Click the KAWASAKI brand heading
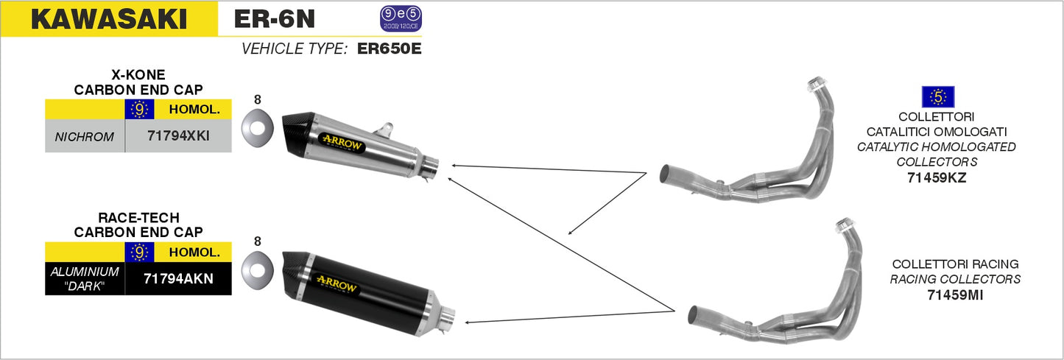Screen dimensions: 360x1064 pyautogui.click(x=108, y=19)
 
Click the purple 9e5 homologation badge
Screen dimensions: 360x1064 pyautogui.click(x=401, y=18)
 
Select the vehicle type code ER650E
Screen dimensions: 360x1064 pyautogui.click(x=389, y=49)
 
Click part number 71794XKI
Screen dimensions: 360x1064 pyautogui.click(x=178, y=136)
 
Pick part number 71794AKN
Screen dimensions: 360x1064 pyautogui.click(x=178, y=279)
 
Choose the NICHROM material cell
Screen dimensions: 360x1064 pyautogui.click(x=85, y=136)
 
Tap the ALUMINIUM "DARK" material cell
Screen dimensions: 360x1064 pyautogui.click(x=85, y=279)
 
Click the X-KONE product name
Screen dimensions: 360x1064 pyautogui.click(x=138, y=75)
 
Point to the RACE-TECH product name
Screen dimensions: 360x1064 pyautogui.click(x=138, y=218)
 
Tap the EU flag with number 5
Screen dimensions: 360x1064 pyautogui.click(x=937, y=96)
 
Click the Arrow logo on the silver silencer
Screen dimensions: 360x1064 pyautogui.click(x=341, y=141)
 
